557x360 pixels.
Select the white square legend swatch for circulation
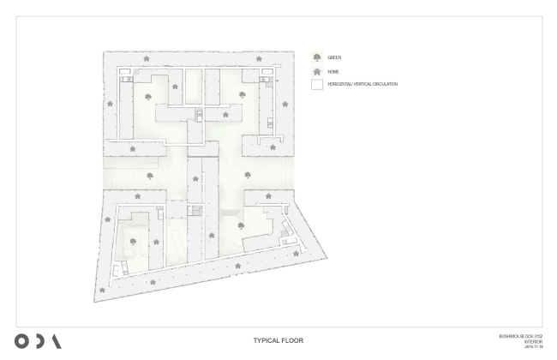pos(316,85)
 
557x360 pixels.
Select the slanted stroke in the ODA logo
pos(57,339)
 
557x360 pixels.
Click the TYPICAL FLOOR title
pos(278,340)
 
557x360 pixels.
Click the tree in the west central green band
pos(150,176)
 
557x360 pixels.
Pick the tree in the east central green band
pos(247,175)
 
